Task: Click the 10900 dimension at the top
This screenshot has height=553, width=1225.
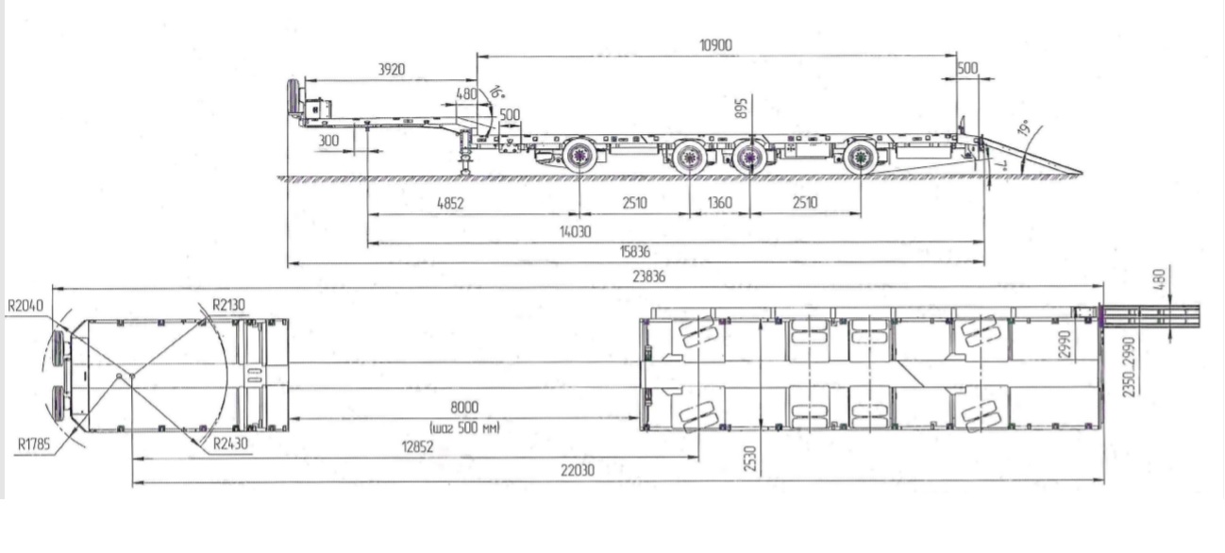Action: pos(715,45)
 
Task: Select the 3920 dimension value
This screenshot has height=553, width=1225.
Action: pos(392,70)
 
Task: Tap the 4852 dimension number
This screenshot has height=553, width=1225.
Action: pos(450,204)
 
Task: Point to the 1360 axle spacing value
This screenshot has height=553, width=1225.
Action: pos(720,203)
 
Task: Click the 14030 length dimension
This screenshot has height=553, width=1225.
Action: pos(576,232)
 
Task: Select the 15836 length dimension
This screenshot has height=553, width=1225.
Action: pos(635,252)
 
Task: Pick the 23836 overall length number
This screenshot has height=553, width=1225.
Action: pos(649,276)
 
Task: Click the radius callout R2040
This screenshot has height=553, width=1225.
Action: pos(25,306)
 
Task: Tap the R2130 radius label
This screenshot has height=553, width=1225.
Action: pos(228,305)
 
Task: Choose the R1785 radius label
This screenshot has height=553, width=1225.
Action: pos(34,444)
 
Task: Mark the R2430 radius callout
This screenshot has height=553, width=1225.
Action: pos(230,444)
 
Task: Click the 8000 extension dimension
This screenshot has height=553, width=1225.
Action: pos(464,408)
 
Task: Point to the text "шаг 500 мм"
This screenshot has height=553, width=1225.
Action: pos(465,427)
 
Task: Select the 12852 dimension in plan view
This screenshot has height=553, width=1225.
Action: pos(417,447)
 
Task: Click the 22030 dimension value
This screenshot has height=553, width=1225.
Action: pos(578,470)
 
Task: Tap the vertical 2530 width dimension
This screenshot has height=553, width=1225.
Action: pos(750,459)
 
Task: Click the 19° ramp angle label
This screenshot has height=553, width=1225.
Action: pos(1023,128)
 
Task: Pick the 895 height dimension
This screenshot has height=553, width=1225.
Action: pos(741,109)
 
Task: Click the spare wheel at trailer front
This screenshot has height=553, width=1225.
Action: pos(294,97)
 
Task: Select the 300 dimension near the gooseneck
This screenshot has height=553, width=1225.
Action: pos(328,141)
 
